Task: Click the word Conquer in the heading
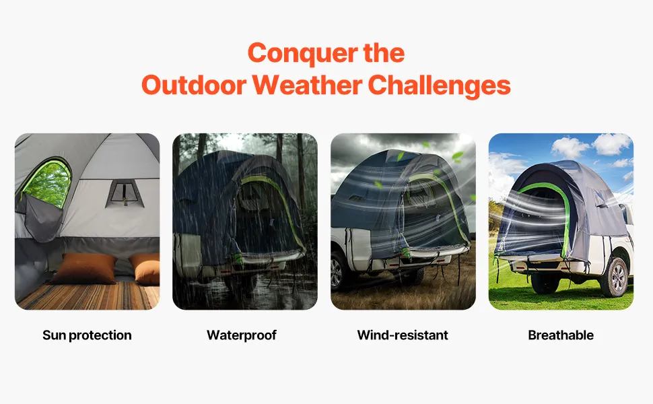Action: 302,54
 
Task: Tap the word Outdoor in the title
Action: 194,85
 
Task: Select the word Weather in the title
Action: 307,85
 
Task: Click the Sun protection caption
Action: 87,335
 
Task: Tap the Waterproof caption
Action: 242,335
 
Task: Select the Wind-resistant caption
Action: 403,335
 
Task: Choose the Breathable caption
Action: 561,335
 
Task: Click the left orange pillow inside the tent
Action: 83,268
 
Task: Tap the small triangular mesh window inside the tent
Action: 125,193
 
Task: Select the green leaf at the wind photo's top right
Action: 457,157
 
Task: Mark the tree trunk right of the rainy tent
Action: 301,171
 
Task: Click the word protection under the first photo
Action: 100,335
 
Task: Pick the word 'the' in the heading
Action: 384,53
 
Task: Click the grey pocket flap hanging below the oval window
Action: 42,219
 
